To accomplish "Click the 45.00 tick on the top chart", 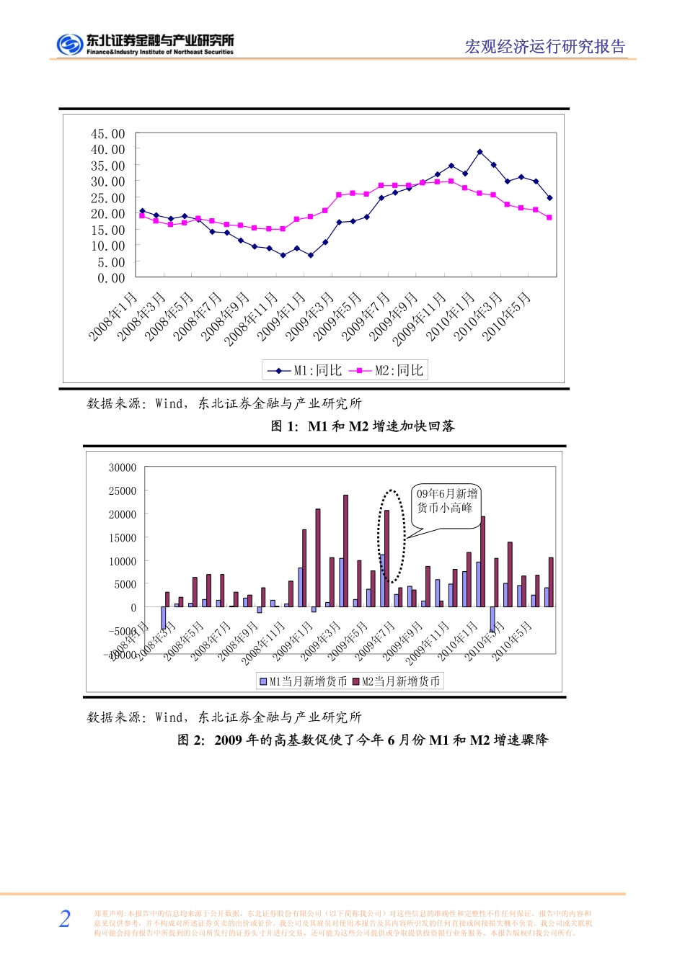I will click(107, 134).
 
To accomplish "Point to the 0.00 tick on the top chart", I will click(111, 278).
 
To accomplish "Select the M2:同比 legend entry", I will click(387, 370).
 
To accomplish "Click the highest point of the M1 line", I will click(479, 152).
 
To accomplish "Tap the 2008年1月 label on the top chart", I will click(113, 317).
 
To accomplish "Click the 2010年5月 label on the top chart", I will click(507, 317).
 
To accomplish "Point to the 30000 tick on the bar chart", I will click(123, 467).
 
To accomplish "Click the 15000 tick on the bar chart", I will click(123, 537).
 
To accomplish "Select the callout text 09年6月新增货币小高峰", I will click(446, 501).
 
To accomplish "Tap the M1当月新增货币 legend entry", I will click(304, 681).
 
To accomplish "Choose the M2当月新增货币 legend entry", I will click(397, 681).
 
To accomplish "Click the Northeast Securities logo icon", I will click(70, 45).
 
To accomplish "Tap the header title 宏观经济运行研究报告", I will click(545, 47).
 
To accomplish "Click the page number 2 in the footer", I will click(65, 918).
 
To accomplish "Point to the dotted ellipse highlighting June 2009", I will click(392, 535).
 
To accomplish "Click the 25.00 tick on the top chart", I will click(107, 198).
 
